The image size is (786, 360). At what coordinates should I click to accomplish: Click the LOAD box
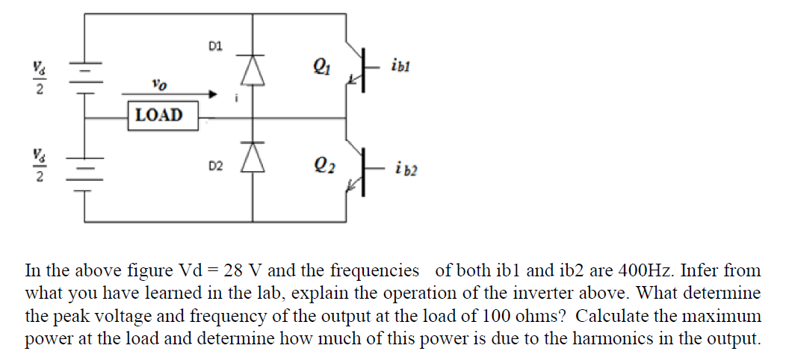click(x=159, y=116)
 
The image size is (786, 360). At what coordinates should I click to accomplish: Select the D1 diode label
click(x=215, y=47)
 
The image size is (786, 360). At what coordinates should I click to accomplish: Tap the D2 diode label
click(x=215, y=164)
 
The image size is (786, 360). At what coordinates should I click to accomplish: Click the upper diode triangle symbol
click(x=252, y=70)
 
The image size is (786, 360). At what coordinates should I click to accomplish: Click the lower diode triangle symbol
click(x=252, y=156)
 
